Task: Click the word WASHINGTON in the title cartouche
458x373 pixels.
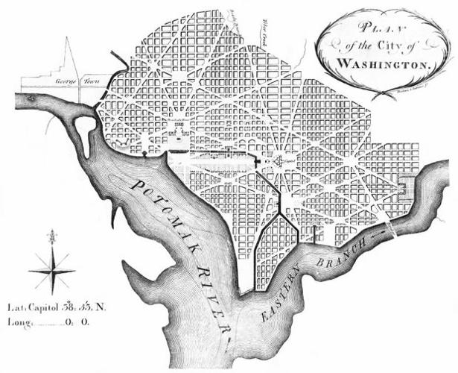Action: tap(384, 64)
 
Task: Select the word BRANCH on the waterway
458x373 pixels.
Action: tap(344, 251)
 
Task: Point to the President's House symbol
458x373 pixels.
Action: tap(177, 133)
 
